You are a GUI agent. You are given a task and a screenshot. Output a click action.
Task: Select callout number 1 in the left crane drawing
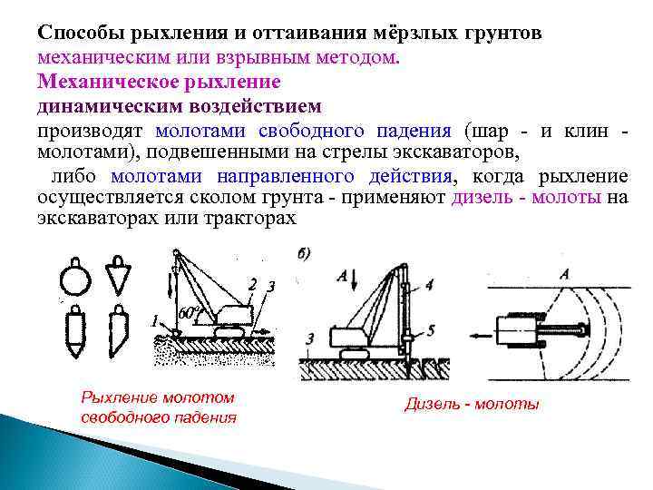[x=155, y=320]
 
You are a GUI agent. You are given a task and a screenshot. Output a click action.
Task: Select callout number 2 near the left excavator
[x=252, y=283]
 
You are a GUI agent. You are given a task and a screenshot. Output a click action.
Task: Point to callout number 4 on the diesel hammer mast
[x=429, y=285]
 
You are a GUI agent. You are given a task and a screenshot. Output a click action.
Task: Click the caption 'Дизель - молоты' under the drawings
[x=472, y=404]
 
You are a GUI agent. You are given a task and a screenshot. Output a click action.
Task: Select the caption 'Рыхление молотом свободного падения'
[x=159, y=407]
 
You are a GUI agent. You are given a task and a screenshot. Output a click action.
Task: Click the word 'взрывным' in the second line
[x=269, y=56]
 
